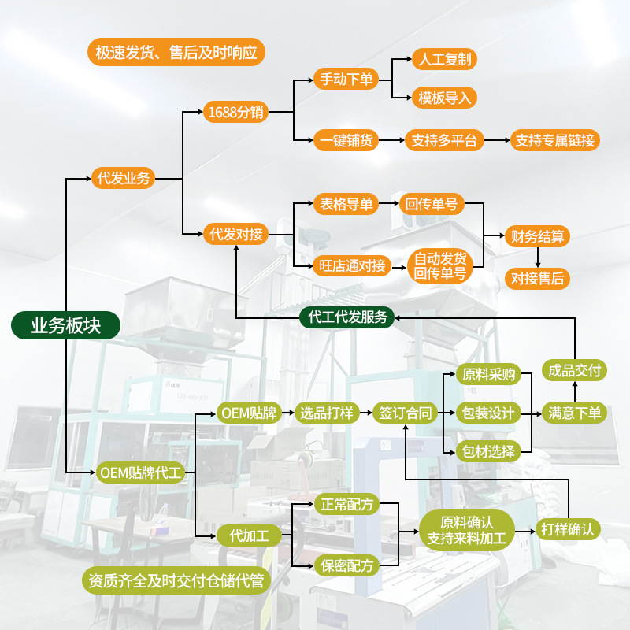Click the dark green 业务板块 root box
(65, 325)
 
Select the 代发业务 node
(121, 178)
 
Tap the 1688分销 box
(234, 112)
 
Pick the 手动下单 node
(346, 80)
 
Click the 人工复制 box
(444, 59)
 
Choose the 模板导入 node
(444, 98)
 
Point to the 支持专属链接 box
(555, 141)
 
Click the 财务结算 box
(537, 235)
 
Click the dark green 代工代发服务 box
(347, 317)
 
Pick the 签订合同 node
(405, 413)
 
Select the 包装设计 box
(487, 413)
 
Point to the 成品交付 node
(574, 370)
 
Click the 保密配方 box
(346, 565)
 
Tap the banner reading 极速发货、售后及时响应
(176, 53)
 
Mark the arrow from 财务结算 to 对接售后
(537, 257)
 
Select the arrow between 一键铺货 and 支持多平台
(392, 141)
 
